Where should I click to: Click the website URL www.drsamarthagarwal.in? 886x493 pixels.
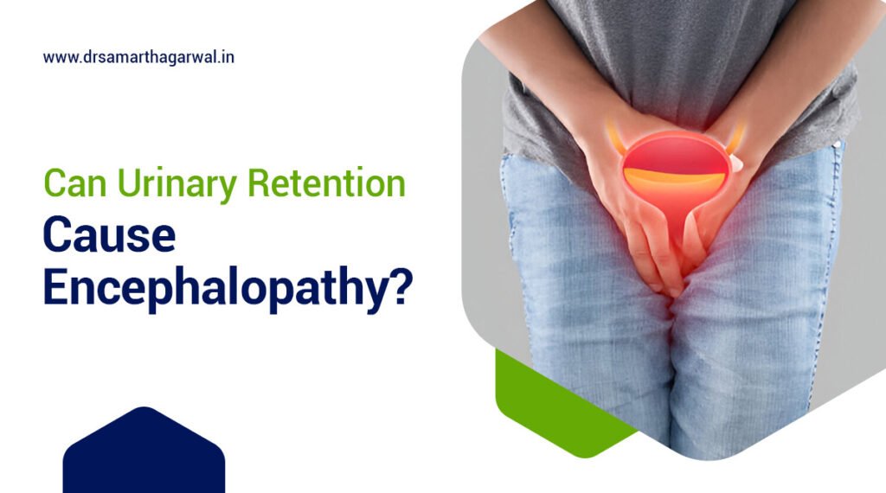click(x=138, y=58)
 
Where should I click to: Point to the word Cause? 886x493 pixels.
click(x=109, y=236)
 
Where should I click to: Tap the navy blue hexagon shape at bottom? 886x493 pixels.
click(x=144, y=454)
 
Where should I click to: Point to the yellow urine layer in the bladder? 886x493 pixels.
click(x=674, y=178)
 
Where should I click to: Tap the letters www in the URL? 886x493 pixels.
click(x=57, y=58)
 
